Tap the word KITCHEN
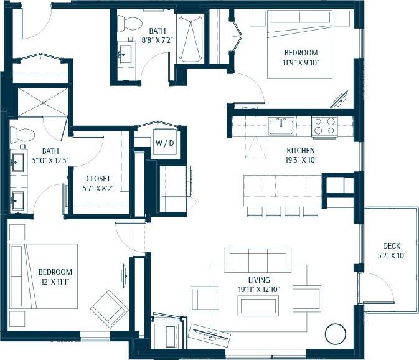click(x=300, y=151)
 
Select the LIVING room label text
click(x=258, y=280)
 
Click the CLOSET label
click(x=98, y=178)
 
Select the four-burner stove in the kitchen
click(x=324, y=126)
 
